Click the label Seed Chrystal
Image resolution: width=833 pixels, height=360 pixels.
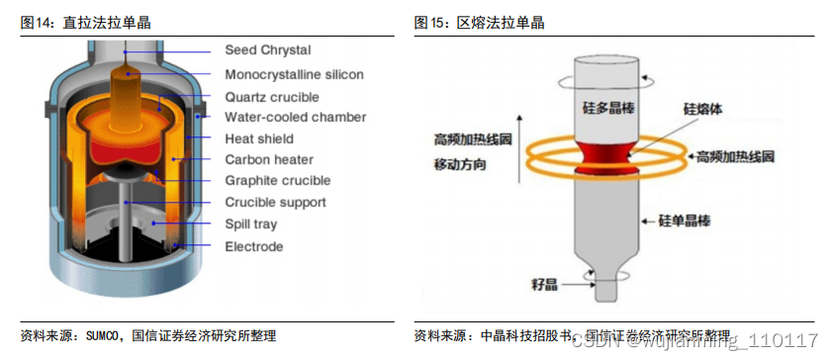[267, 50]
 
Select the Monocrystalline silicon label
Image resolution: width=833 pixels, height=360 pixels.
[294, 74]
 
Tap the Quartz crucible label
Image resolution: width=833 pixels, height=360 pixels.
[271, 97]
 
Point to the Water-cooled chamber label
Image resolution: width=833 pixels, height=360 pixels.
[295, 118]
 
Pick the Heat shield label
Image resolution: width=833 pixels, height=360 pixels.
[259, 139]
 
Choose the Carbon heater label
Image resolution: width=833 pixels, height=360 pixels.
[269, 160]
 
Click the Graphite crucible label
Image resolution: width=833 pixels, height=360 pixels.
[277, 181]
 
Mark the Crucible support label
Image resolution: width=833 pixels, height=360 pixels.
[275, 203]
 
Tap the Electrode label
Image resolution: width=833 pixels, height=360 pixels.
[253, 246]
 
